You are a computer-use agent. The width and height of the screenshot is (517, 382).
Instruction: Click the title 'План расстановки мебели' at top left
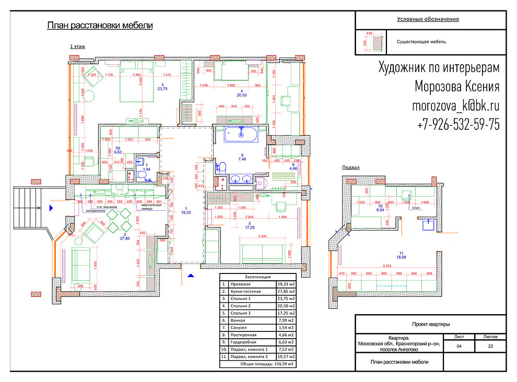click(x=100, y=26)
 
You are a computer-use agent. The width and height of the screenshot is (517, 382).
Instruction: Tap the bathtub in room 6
click(x=241, y=135)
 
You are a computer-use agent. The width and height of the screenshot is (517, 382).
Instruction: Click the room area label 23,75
click(x=162, y=89)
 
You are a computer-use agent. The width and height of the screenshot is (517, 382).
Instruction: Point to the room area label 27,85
click(x=124, y=238)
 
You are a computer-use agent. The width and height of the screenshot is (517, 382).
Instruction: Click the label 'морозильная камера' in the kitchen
click(x=150, y=207)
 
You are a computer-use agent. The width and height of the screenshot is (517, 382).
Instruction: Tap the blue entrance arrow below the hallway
click(x=191, y=274)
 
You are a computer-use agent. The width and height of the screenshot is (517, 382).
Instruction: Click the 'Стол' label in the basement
click(x=416, y=208)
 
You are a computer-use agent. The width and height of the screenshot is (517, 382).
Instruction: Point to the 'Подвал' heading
click(x=351, y=168)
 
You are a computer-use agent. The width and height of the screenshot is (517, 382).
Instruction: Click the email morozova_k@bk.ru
click(x=456, y=105)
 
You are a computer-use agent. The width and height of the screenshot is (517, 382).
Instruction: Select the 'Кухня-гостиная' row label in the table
click(x=245, y=291)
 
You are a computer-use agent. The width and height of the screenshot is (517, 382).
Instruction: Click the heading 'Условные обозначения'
click(x=428, y=19)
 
